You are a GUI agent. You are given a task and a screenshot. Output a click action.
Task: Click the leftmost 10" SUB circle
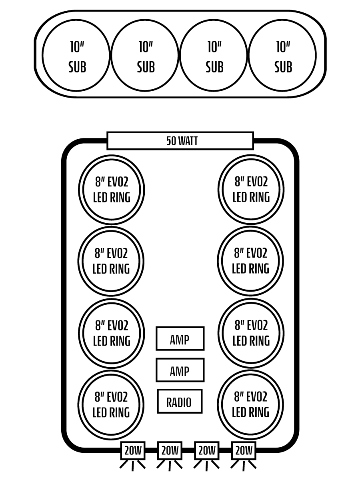click(x=76, y=55)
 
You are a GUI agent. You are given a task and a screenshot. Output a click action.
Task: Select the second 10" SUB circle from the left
click(x=145, y=55)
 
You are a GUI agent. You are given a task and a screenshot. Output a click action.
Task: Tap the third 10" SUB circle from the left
click(x=214, y=55)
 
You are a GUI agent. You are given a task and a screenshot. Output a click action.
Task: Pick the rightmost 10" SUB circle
click(x=282, y=55)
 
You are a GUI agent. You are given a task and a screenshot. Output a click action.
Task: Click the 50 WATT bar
click(x=180, y=141)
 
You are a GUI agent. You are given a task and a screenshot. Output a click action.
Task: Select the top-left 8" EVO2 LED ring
click(x=111, y=189)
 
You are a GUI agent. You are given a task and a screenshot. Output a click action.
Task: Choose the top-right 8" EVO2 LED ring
click(x=251, y=189)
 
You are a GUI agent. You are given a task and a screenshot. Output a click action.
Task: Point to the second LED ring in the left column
click(x=111, y=261)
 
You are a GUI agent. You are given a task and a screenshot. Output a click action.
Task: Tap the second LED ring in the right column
click(x=251, y=261)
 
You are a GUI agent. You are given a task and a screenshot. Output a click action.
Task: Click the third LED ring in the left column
click(x=111, y=333)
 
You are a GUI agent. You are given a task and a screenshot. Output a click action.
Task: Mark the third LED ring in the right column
click(x=251, y=333)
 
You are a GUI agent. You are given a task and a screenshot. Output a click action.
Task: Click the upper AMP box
click(x=180, y=339)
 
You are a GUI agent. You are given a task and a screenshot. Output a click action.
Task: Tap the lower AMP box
click(x=180, y=370)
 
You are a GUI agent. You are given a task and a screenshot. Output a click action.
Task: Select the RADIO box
click(x=180, y=401)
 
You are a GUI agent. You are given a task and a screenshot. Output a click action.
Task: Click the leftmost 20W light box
click(x=133, y=451)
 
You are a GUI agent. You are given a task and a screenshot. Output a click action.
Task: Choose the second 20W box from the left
click(x=170, y=451)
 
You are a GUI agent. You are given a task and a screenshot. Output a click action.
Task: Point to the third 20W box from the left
click(x=207, y=451)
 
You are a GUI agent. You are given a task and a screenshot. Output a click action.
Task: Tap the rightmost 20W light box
click(x=244, y=451)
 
